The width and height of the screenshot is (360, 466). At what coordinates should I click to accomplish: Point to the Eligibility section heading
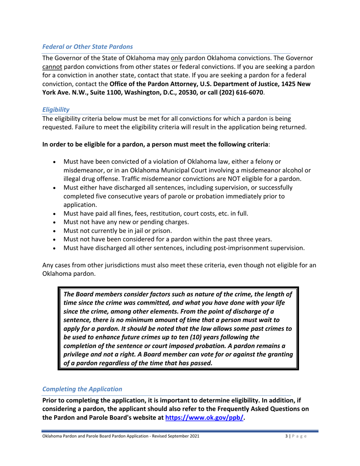pyautogui.click(x=55, y=109)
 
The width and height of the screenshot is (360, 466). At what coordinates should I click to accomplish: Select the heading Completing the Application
pyautogui.click(x=82, y=389)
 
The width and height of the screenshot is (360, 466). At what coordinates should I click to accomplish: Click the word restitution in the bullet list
pyautogui.click(x=159, y=213)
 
